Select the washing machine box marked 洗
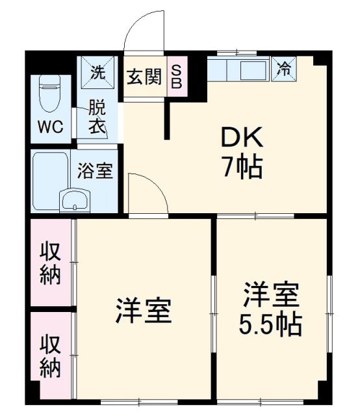[x=97, y=73]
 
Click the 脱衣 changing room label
[x=97, y=116]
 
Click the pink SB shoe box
[x=177, y=77]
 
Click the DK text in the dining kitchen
[x=242, y=138]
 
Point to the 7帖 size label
[x=242, y=167]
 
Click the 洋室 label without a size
[x=144, y=310]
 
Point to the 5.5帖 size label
[x=271, y=323]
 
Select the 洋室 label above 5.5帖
[x=271, y=294]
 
